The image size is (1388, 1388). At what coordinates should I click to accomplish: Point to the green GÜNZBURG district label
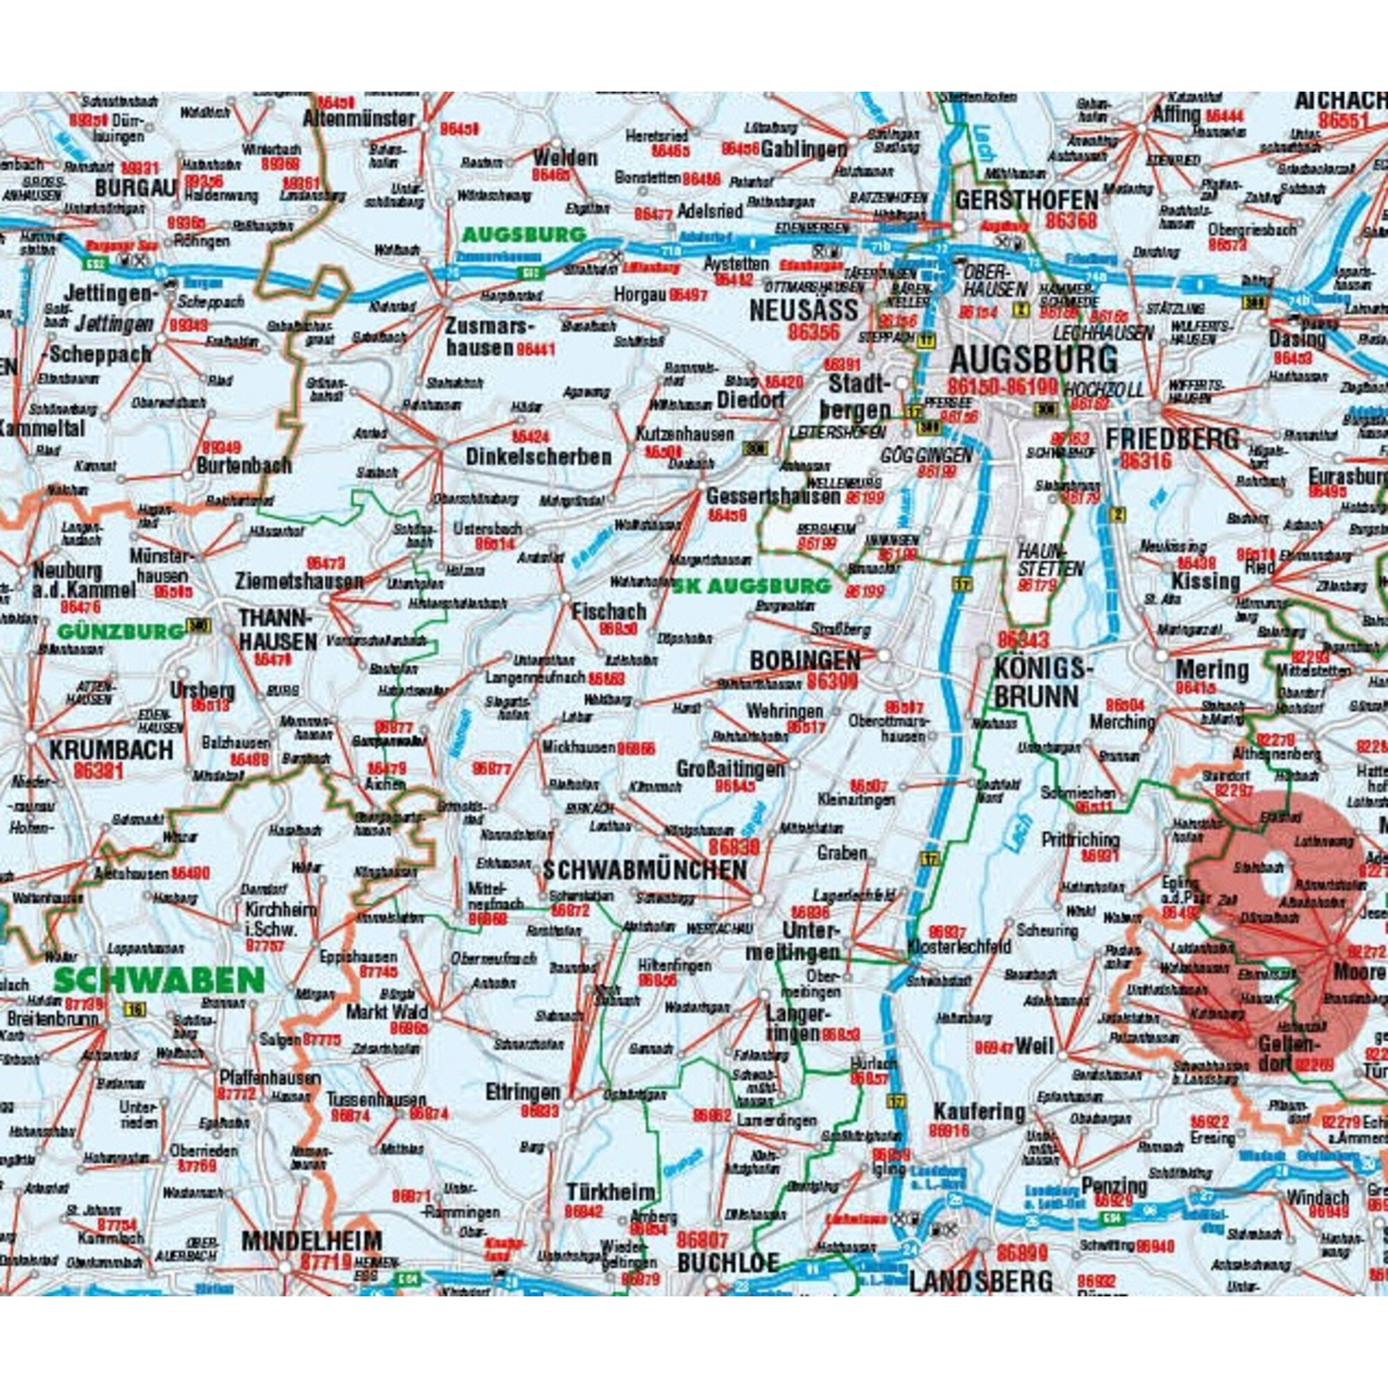pyautogui.click(x=120, y=632)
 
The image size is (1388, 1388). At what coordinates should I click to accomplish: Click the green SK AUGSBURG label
pyautogui.click(x=752, y=585)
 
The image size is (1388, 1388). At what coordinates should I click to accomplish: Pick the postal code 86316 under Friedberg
pyautogui.click(x=1146, y=461)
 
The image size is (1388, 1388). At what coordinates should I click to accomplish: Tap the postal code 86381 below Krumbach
pyautogui.click(x=99, y=772)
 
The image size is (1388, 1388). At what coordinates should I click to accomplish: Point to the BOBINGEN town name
pyautogui.click(x=804, y=660)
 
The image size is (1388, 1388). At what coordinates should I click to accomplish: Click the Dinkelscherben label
pyautogui.click(x=539, y=456)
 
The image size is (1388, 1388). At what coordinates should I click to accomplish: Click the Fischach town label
pyautogui.click(x=609, y=611)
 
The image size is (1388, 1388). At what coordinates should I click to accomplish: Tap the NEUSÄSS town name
pyautogui.click(x=803, y=310)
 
